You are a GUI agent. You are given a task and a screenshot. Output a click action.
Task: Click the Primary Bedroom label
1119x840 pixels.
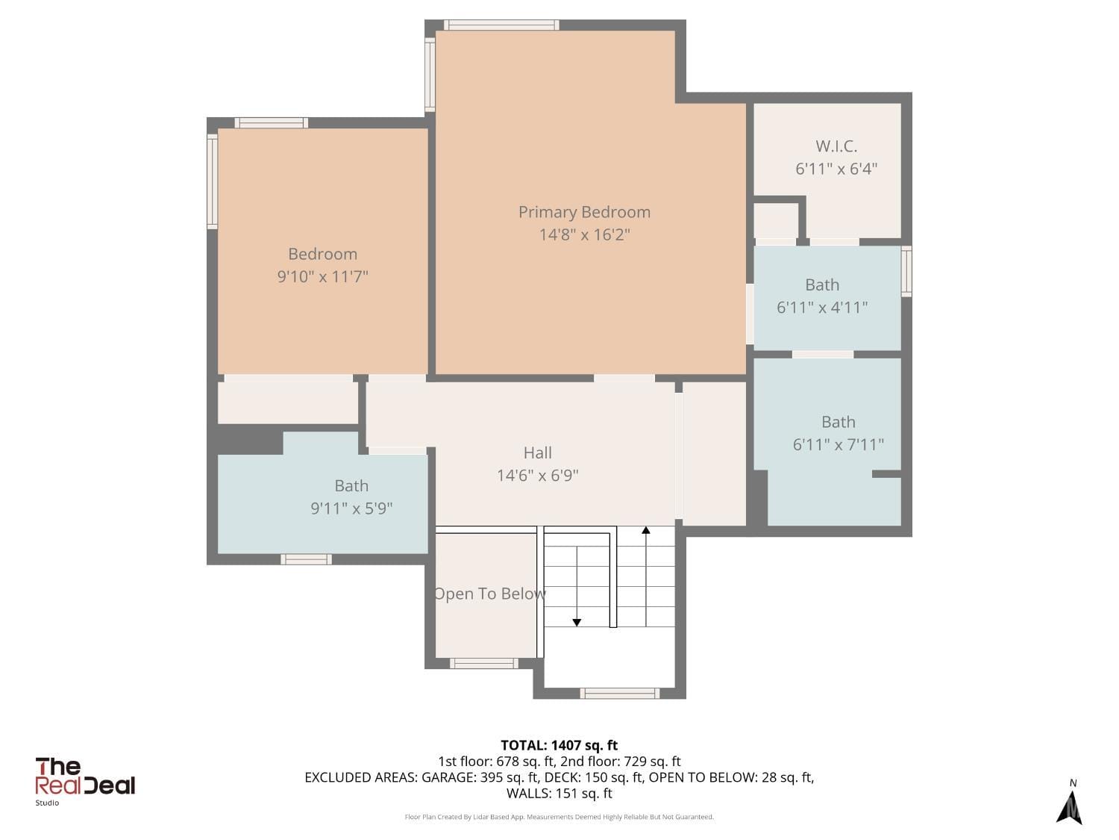click(584, 212)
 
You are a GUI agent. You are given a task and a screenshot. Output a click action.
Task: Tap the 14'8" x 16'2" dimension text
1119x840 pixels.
click(584, 234)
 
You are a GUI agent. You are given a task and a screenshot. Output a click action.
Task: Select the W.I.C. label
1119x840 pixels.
click(836, 146)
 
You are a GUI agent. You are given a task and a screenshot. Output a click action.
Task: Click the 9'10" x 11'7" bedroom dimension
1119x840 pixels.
click(322, 276)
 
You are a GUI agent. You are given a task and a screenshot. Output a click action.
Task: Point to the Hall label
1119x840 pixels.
click(537, 452)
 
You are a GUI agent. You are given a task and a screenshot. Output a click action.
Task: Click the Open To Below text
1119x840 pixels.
click(489, 594)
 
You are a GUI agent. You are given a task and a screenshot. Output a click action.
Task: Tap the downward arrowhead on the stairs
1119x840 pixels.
click(577, 622)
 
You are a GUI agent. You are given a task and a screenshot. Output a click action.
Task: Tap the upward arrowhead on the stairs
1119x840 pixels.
click(646, 530)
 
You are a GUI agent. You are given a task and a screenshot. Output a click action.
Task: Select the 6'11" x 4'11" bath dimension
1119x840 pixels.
click(822, 307)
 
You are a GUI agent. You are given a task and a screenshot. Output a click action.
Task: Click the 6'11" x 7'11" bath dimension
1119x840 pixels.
click(838, 444)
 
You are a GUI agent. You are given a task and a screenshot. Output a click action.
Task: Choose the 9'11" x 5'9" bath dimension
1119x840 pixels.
click(351, 508)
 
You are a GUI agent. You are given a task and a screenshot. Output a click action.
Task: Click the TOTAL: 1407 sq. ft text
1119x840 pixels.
click(559, 745)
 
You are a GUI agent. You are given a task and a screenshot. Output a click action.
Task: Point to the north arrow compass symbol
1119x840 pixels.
click(1070, 805)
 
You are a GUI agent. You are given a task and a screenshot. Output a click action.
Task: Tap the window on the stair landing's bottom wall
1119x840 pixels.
click(619, 694)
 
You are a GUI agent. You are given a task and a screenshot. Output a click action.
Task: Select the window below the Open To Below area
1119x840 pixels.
click(483, 663)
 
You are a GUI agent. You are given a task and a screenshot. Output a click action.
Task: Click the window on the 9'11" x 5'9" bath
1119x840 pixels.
click(306, 559)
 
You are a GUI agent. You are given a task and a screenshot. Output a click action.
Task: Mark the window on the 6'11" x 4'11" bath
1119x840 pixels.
click(906, 271)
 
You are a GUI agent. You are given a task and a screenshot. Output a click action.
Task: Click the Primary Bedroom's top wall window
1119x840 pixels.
click(501, 25)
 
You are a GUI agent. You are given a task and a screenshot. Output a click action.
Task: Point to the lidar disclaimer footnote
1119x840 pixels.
click(559, 817)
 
